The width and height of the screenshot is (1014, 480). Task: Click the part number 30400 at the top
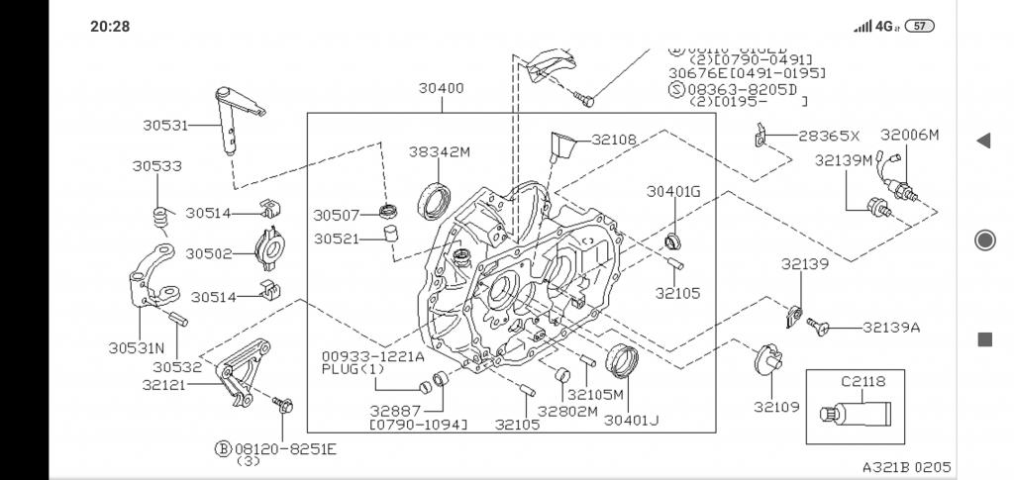click(x=441, y=88)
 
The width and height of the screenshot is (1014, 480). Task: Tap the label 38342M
click(x=440, y=151)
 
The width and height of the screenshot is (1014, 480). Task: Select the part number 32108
click(x=615, y=140)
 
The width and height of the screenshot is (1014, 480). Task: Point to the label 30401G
click(x=673, y=191)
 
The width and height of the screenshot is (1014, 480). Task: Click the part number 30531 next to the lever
click(x=165, y=125)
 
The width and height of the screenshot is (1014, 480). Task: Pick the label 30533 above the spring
click(x=156, y=166)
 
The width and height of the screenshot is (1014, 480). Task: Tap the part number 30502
click(x=208, y=253)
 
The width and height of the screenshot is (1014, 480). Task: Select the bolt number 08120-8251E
click(x=285, y=448)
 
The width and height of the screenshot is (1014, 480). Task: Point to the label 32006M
click(x=909, y=135)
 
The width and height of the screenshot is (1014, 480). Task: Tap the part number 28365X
click(x=829, y=136)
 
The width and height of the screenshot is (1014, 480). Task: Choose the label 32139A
click(x=890, y=328)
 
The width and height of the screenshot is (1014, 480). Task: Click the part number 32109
click(x=776, y=406)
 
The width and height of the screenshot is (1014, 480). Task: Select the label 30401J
click(x=631, y=420)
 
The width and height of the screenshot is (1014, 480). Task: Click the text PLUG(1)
click(x=353, y=369)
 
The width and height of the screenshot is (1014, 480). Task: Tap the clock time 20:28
click(x=109, y=26)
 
